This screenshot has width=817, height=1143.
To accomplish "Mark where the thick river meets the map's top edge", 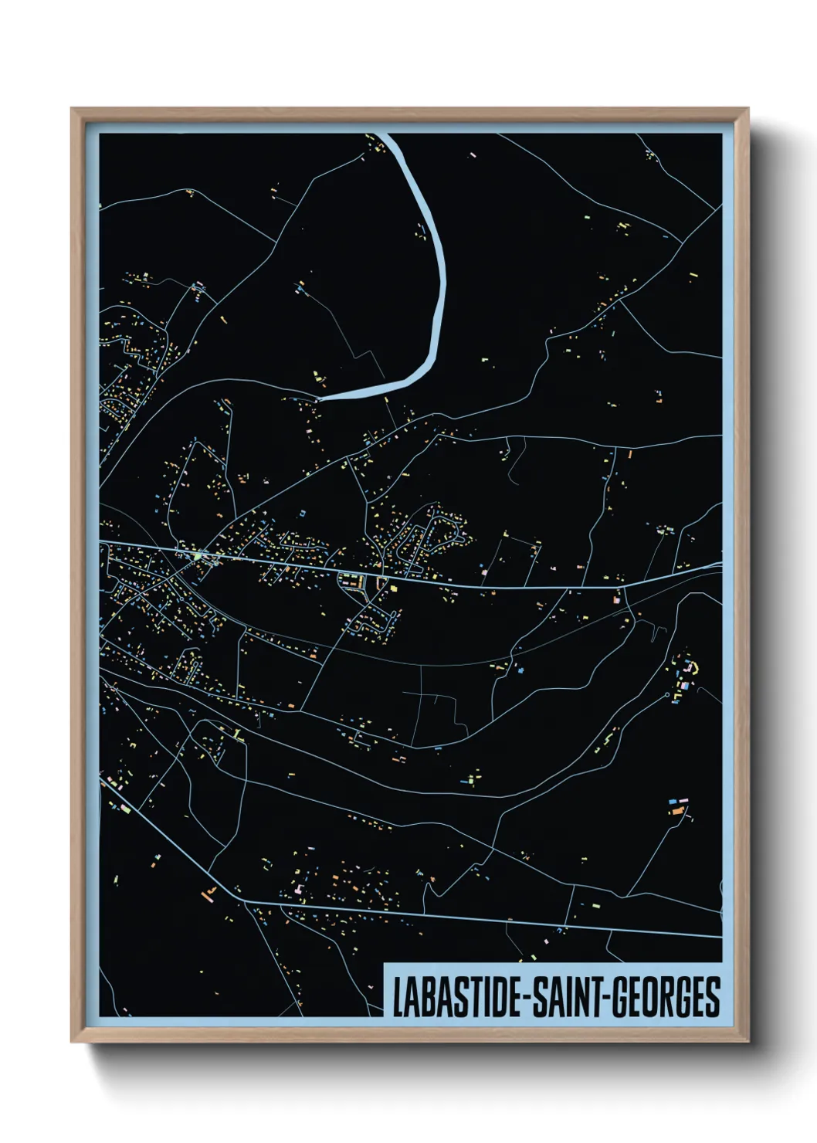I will coord(385,135).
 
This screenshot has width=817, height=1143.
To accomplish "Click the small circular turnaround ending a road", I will coord(667,694).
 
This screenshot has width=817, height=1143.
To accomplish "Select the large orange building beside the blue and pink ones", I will coord(677,810).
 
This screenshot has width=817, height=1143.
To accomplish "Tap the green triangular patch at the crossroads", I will coord(198,555).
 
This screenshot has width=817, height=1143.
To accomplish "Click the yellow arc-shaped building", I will coord(692,666).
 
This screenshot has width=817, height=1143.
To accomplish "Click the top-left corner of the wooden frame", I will coord(72,109).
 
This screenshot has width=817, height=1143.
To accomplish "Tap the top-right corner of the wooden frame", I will coord(748,109).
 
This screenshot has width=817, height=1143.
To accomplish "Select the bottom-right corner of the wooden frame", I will coord(748,1042).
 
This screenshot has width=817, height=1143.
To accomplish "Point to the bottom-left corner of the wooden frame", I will coord(72,1042).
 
